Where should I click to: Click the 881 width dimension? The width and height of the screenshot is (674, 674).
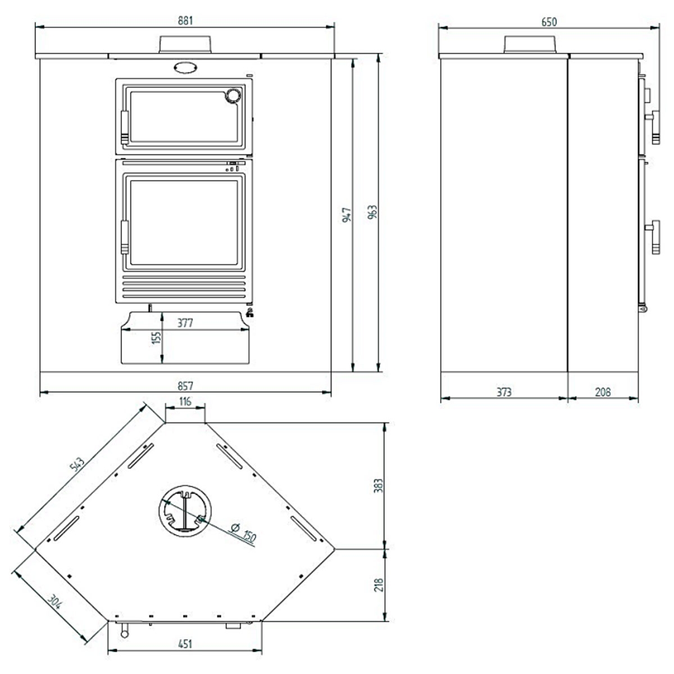pos(185,21)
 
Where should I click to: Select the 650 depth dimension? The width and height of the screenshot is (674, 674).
pos(549,22)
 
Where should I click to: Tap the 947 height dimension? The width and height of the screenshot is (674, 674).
pos(347,215)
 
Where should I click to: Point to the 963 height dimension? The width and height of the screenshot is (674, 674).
pos(372,212)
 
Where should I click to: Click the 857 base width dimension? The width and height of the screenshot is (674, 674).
pos(185,386)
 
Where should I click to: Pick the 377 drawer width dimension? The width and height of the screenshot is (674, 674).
pos(185,322)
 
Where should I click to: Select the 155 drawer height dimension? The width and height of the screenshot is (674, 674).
pos(156,338)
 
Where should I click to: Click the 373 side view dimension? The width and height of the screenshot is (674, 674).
pos(504,391)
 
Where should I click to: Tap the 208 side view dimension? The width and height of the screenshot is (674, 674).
pos(603,391)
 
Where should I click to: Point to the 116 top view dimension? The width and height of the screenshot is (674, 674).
pos(185,401)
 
